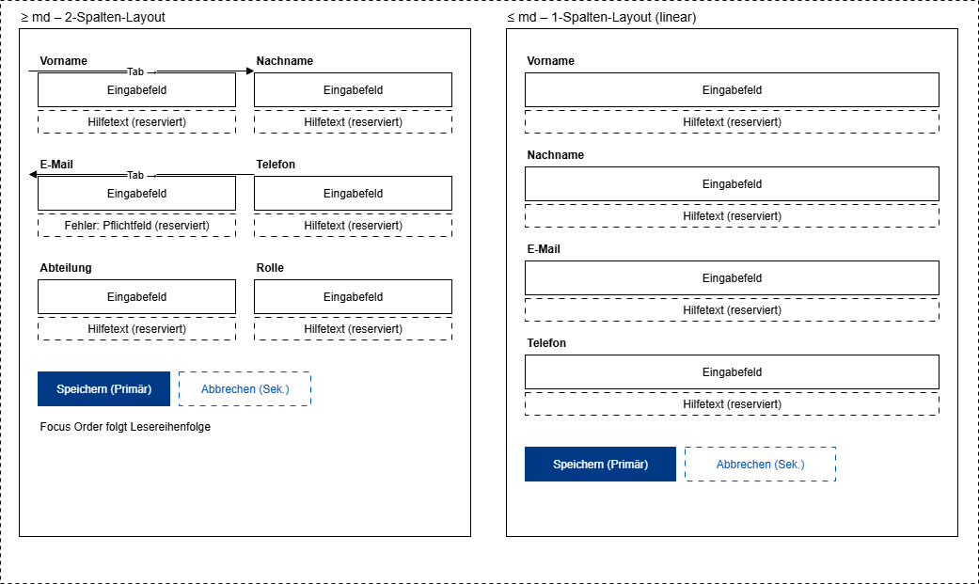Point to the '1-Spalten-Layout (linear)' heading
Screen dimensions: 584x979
[602, 18]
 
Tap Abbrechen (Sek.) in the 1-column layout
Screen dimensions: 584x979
[760, 465]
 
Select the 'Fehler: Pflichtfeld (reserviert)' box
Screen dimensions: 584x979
[136, 226]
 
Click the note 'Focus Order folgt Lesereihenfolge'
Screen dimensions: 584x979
[125, 427]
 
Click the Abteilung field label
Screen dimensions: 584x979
[66, 268]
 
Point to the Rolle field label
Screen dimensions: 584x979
[270, 268]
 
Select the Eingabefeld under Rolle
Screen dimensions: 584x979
[353, 297]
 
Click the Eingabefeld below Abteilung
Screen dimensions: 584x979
[136, 297]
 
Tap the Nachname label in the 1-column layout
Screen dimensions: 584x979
[556, 155]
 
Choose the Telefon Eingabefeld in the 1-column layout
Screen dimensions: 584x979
[732, 372]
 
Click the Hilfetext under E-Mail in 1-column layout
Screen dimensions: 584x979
[732, 310]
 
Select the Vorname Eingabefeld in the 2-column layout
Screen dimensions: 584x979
[136, 90]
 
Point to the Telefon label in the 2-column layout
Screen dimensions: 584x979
[276, 165]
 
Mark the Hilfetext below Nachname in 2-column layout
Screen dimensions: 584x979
[353, 122]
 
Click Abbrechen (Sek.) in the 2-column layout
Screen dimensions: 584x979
[245, 389]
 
